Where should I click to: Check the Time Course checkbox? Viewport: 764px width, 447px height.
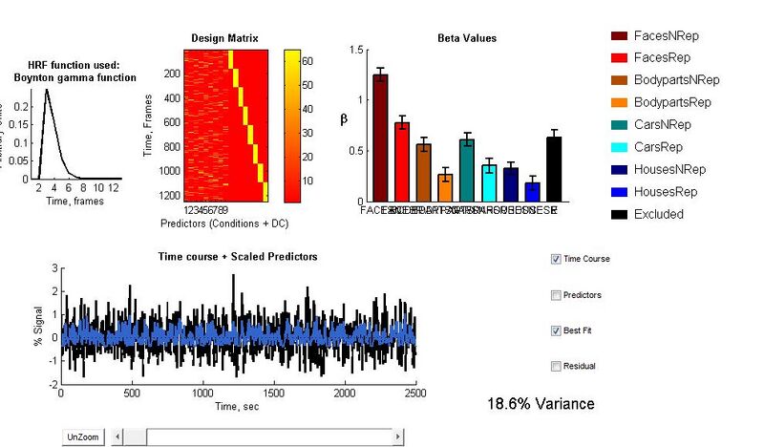pyautogui.click(x=557, y=259)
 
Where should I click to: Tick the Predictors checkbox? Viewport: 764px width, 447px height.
pyautogui.click(x=557, y=295)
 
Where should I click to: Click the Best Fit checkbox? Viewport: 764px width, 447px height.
pyautogui.click(x=557, y=330)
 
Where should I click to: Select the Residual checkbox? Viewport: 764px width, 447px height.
pyautogui.click(x=557, y=366)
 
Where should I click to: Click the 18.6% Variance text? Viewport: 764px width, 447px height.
pyautogui.click(x=540, y=404)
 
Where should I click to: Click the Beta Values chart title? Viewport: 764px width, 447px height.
pyautogui.click(x=466, y=38)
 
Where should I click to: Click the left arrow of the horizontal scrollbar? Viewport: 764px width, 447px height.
pyautogui.click(x=117, y=436)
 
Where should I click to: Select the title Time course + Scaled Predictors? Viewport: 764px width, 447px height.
pyautogui.click(x=237, y=256)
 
